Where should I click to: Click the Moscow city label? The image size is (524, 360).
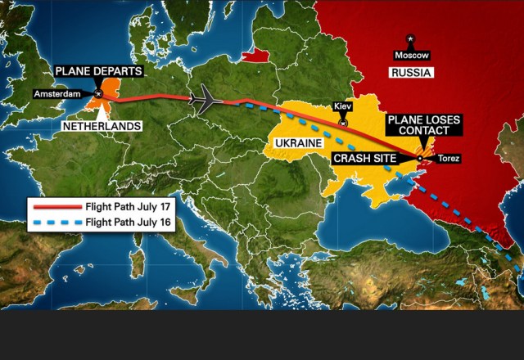411,55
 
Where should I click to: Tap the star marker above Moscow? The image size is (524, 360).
411,38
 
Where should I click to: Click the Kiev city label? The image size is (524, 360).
343,107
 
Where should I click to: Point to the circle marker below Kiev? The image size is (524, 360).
343,123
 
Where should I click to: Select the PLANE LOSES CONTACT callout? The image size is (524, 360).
423,125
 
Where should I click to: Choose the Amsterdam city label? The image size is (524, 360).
59,94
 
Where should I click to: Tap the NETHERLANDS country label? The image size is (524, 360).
101,127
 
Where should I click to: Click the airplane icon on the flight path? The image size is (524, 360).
206,100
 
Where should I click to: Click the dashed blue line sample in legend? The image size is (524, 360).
56,222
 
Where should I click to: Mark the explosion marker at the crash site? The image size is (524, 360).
421,158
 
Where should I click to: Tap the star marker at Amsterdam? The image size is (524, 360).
98,94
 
